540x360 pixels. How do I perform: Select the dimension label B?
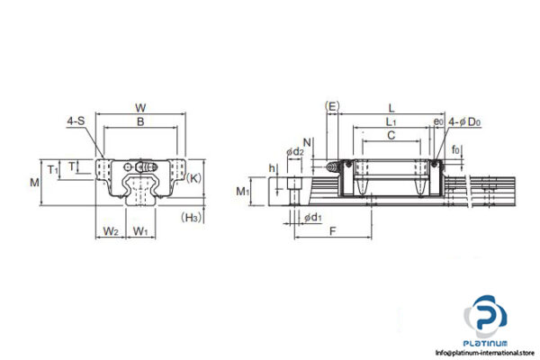click(x=139, y=121)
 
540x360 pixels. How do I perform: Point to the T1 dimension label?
click(x=52, y=168)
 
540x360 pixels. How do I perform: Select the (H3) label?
click(x=190, y=217)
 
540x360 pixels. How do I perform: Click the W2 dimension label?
click(x=110, y=231)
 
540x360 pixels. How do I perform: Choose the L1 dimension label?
click(x=389, y=121)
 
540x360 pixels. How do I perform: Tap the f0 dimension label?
click(x=455, y=149)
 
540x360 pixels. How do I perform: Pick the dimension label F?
click(x=333, y=231)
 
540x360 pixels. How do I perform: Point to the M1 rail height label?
click(x=242, y=192)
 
